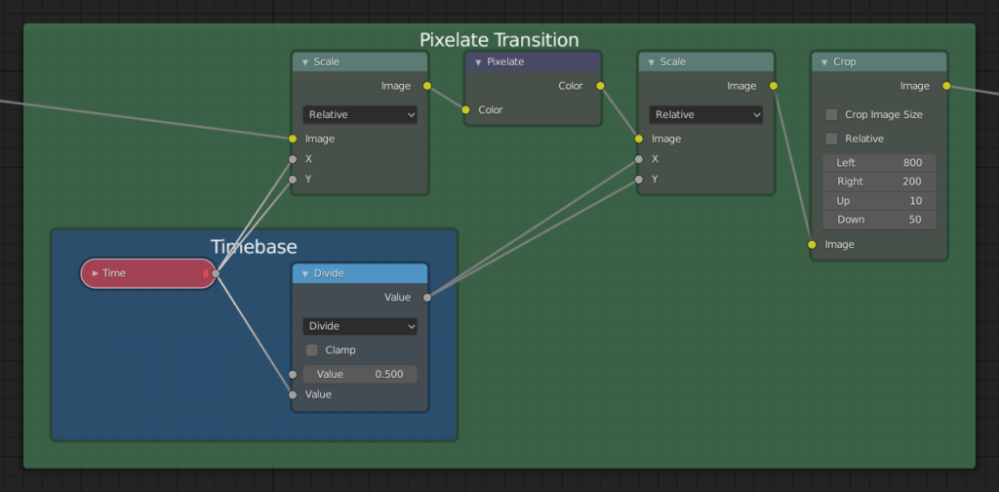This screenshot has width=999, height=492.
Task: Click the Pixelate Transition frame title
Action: (499, 39)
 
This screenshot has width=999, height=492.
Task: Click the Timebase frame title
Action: (254, 247)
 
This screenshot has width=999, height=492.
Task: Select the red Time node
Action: (148, 273)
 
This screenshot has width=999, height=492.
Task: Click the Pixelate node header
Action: (534, 61)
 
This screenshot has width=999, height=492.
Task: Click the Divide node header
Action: (360, 273)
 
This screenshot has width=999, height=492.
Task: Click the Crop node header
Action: (879, 61)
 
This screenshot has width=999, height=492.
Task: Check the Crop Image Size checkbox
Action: (831, 115)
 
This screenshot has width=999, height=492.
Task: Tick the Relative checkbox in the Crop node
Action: (831, 139)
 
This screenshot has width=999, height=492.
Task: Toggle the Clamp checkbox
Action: (311, 350)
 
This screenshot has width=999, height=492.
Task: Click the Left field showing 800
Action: (879, 162)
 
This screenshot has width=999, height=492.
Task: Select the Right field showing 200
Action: (879, 182)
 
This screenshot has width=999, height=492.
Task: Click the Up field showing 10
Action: (879, 201)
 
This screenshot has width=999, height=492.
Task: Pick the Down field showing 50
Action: (879, 220)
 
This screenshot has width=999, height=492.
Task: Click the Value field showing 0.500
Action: (360, 374)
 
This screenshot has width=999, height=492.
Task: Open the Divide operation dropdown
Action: (360, 326)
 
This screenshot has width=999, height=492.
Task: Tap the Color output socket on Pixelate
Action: (600, 86)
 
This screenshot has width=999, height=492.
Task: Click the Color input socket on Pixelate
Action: (466, 109)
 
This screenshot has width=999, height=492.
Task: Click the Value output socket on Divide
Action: (427, 298)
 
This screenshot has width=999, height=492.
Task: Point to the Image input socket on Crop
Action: (812, 245)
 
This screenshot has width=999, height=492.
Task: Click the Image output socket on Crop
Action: (946, 86)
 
